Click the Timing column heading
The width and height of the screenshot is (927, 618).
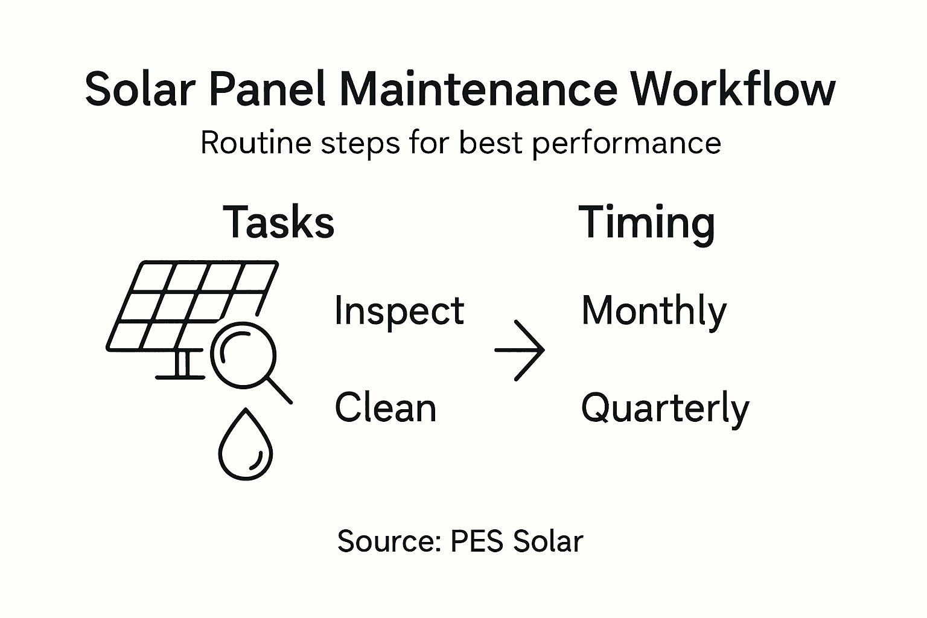[646, 223]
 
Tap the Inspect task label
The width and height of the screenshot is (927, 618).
[399, 311]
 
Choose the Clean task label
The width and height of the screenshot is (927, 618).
[385, 407]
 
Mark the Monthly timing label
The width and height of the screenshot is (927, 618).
[654, 312]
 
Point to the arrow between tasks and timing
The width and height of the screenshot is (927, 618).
[520, 350]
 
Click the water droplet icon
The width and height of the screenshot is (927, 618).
[245, 447]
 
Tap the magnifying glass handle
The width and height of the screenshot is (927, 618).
[279, 390]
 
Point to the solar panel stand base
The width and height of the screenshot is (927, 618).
[180, 377]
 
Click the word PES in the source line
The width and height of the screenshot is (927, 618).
[477, 541]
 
